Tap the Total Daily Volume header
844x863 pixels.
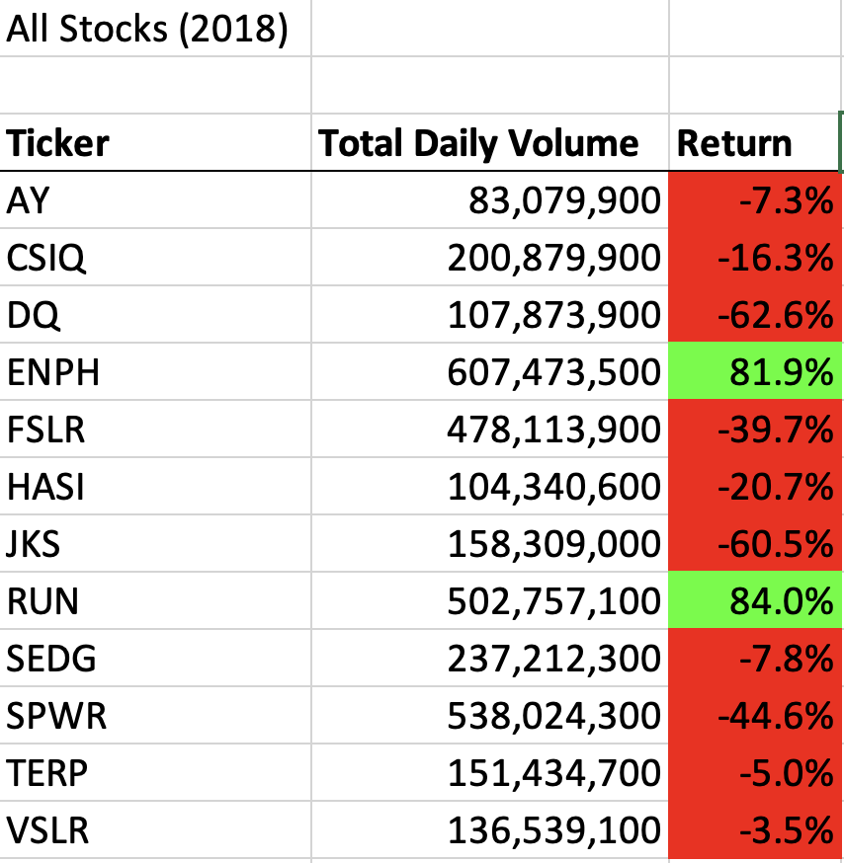click(478, 144)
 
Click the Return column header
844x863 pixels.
click(734, 144)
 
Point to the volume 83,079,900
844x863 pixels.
click(563, 201)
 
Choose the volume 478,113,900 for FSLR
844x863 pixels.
click(553, 431)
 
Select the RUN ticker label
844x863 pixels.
click(42, 601)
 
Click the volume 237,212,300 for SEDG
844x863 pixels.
click(553, 659)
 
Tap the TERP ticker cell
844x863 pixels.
click(46, 773)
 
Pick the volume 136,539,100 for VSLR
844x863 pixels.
click(553, 830)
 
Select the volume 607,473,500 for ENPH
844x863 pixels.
click(553, 372)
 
